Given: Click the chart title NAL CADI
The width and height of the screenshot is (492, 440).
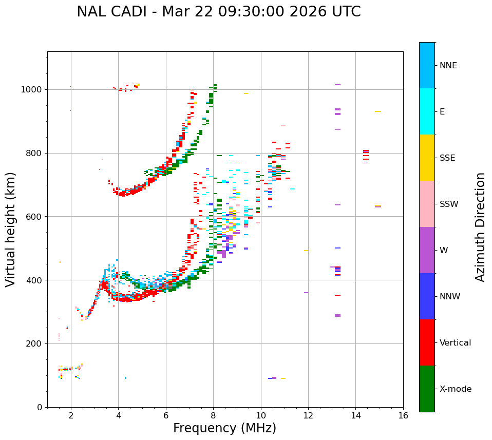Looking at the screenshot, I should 218,12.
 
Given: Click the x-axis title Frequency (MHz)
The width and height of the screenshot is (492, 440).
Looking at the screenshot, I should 224,428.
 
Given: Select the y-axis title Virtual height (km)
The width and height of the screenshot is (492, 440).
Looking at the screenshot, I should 11,229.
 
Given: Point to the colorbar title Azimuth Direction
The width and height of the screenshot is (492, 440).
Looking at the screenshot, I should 480,226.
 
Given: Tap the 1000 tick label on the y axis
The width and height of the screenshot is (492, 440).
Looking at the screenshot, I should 31,89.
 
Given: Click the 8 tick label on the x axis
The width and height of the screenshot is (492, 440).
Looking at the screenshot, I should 213,415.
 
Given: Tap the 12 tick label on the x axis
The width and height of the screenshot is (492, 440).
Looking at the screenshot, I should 308,415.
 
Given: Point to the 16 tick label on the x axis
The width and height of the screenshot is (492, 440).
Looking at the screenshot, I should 403,415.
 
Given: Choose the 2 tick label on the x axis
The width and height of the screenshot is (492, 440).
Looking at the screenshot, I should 71,415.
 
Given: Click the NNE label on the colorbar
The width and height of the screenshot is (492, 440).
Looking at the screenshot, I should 448,66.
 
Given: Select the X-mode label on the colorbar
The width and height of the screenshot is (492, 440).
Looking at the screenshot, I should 455,389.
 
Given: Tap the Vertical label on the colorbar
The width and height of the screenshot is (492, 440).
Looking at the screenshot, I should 455,343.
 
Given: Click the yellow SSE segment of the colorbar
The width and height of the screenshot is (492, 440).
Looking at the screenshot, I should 427,158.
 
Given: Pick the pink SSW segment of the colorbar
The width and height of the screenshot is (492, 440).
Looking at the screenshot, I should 427,204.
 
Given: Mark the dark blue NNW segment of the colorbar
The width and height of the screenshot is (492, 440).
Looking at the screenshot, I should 427,296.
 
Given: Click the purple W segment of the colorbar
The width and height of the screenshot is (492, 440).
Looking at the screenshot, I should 427,250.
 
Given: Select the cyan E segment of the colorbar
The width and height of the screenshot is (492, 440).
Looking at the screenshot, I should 427,111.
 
